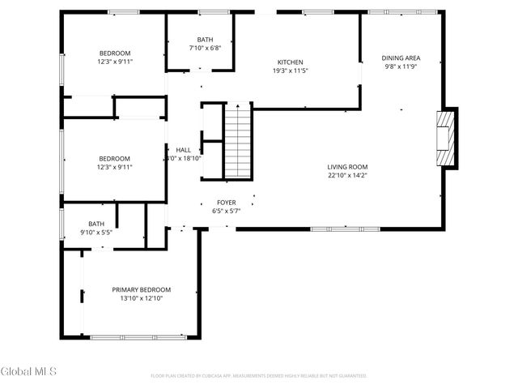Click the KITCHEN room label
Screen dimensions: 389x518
(x=290, y=62)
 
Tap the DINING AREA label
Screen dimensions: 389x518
(x=401, y=58)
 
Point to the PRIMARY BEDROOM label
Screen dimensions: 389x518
(x=142, y=289)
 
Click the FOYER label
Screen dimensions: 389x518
(x=226, y=203)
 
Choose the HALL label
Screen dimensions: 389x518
(x=183, y=150)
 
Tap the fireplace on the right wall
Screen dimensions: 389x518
(x=445, y=137)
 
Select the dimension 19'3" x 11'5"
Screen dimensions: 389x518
(x=290, y=71)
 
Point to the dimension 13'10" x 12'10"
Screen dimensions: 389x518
(x=142, y=298)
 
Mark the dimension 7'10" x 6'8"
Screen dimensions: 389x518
(x=206, y=48)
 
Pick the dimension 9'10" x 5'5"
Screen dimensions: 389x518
(x=96, y=233)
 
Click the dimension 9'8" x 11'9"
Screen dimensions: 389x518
(x=401, y=67)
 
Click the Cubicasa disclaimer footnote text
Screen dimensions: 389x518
(x=259, y=375)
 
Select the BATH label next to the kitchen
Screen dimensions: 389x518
(x=206, y=39)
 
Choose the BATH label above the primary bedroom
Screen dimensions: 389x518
(x=96, y=224)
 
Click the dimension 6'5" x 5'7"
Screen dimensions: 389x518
(x=226, y=212)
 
